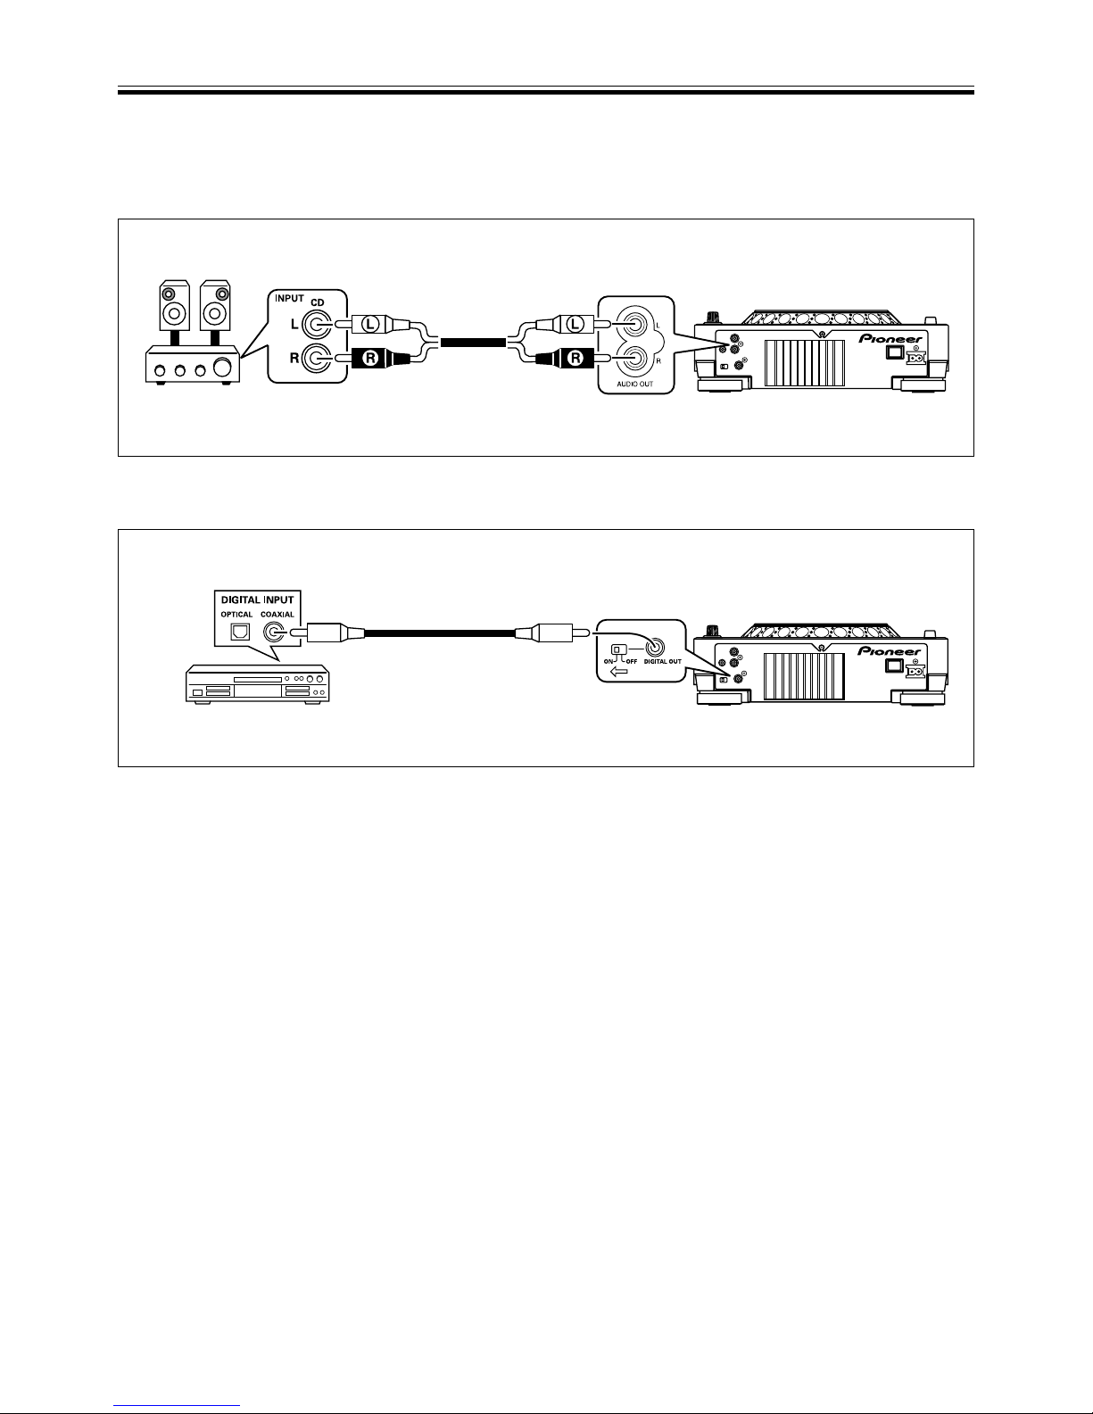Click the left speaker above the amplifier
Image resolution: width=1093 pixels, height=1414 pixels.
(x=174, y=305)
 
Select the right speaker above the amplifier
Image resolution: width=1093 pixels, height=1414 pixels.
(x=215, y=305)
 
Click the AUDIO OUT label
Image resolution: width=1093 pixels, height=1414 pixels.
(x=635, y=384)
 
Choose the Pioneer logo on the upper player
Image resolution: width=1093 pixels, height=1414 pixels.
(x=890, y=338)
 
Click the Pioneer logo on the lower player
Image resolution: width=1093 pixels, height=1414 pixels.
(x=889, y=650)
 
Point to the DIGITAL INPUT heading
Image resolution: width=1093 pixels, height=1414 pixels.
(x=257, y=600)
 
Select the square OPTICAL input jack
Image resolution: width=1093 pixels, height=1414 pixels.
(x=240, y=632)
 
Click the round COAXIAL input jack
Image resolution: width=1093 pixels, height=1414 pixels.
(x=274, y=632)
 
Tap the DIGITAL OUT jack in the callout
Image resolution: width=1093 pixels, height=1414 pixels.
(x=655, y=648)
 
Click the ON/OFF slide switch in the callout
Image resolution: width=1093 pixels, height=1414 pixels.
(x=619, y=649)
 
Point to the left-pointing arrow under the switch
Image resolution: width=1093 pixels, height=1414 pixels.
(x=619, y=671)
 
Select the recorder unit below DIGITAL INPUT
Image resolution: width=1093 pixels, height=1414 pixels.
(x=258, y=683)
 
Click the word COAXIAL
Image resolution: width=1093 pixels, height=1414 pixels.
(x=277, y=615)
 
